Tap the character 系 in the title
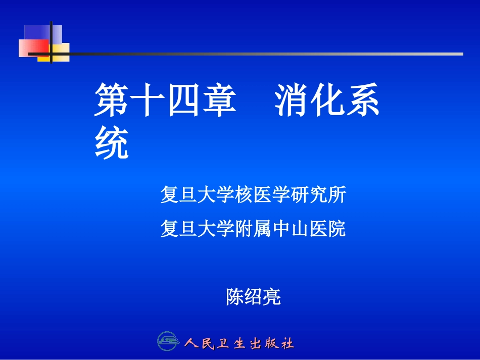click(363, 100)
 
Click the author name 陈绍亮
click(253, 297)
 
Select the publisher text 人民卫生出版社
click(239, 344)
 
